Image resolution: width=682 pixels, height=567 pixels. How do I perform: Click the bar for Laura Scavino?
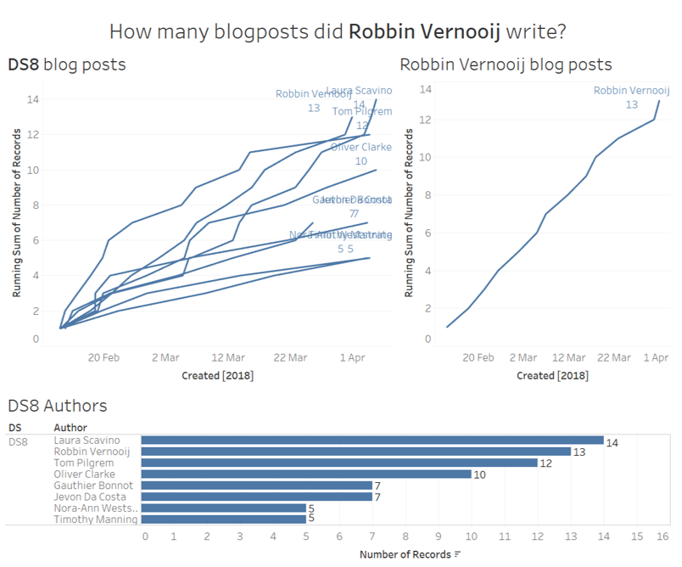coord(372,441)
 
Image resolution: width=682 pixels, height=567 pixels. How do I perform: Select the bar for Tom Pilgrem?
coord(339,463)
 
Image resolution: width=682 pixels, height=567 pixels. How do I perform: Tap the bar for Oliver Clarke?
coord(305,474)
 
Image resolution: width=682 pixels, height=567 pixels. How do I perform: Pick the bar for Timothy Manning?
coord(223,519)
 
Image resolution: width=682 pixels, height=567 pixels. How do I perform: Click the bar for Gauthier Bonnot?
coord(256,486)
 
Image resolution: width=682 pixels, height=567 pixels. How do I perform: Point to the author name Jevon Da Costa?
coord(90,497)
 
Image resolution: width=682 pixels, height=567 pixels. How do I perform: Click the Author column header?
coord(70,427)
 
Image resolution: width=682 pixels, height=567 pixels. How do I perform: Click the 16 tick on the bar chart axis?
coord(662,536)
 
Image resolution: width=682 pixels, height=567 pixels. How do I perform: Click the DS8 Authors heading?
coord(58,407)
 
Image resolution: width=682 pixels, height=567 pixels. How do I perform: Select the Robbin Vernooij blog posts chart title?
coord(506,65)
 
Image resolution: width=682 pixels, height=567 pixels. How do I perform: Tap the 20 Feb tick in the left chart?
coord(103,357)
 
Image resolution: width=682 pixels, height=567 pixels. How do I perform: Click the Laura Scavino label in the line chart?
coord(359,91)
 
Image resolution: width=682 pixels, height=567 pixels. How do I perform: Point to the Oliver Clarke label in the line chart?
coord(361,148)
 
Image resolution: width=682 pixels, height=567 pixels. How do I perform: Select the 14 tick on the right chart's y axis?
coord(427,88)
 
